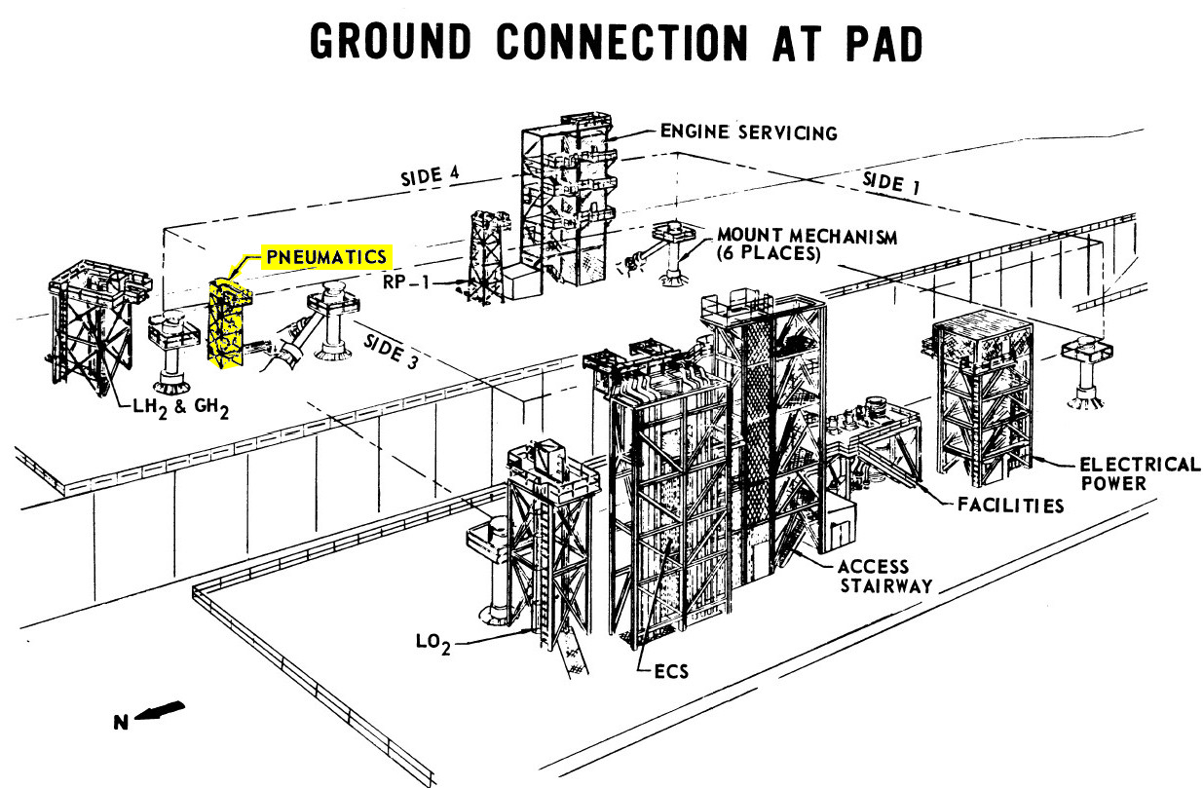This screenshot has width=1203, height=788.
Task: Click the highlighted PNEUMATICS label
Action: [x=326, y=257]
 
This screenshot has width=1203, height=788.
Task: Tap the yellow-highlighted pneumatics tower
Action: [x=229, y=322]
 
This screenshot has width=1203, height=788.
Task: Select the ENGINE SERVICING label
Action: [x=749, y=132]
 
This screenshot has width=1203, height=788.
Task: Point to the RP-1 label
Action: [x=406, y=281]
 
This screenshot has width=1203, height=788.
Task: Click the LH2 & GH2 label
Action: [x=181, y=408]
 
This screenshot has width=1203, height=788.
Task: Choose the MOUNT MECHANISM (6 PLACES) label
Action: [x=808, y=244]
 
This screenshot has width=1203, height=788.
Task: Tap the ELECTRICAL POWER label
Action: [x=1140, y=473]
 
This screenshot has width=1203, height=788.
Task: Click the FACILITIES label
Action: [x=1011, y=506]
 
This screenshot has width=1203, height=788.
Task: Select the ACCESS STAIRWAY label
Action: [x=885, y=576]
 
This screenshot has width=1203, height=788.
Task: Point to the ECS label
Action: [x=671, y=671]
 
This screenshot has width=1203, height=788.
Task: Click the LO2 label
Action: [x=432, y=643]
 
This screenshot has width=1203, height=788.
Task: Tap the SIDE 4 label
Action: [x=431, y=176]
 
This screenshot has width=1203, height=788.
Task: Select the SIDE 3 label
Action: [x=391, y=351]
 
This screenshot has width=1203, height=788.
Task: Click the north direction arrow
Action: [x=160, y=710]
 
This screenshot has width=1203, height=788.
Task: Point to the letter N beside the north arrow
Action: [x=121, y=723]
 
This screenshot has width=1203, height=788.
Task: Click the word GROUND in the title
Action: [x=391, y=42]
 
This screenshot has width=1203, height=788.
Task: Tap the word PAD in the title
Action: [x=884, y=43]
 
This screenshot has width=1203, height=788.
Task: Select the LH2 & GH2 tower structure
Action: [x=95, y=326]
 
